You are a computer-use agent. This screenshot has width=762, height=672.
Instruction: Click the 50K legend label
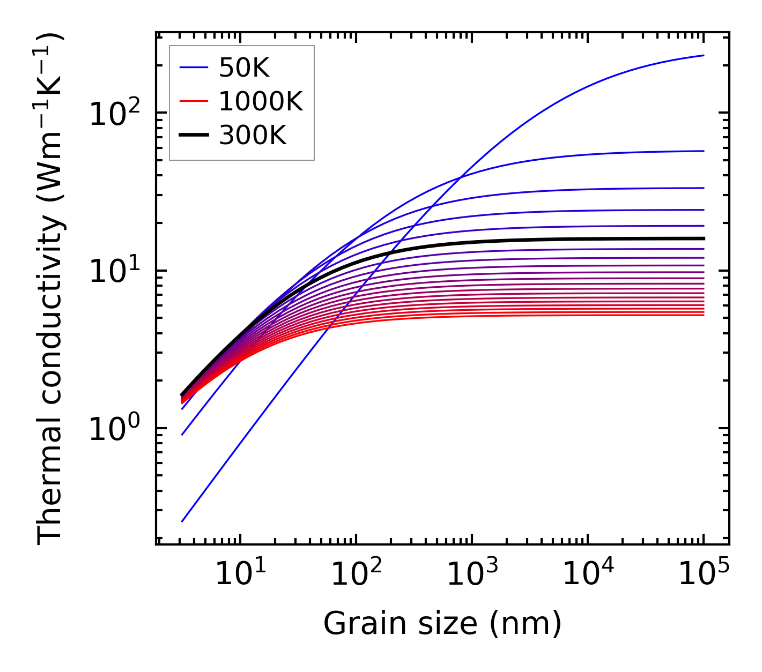244,68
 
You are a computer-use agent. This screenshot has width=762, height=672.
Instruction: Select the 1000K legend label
261,101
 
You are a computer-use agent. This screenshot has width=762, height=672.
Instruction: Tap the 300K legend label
253,136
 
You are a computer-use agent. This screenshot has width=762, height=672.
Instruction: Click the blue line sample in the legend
193,68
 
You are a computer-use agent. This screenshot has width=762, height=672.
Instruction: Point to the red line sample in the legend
193,101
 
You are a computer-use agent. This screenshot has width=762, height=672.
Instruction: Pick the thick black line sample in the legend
193,136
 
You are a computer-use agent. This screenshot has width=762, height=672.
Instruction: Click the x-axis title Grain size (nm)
442,624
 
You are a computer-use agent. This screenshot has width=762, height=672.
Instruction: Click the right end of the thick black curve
704,238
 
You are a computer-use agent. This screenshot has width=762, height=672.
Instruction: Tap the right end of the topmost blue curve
704,55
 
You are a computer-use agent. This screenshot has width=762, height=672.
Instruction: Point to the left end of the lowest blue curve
182,521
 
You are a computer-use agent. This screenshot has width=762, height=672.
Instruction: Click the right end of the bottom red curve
704,315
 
